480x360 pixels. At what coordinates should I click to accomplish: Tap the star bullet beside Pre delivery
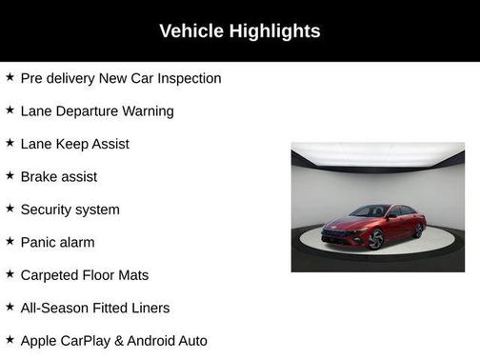point(10,77)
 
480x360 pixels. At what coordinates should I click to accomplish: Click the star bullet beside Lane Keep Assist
point(10,143)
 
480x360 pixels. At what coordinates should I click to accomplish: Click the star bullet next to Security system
point(10,209)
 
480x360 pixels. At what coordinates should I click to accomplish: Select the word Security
point(49,210)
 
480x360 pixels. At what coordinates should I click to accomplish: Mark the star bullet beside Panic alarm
point(10,242)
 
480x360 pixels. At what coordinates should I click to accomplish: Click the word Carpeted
point(51,275)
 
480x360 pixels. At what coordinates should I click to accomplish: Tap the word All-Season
point(55,308)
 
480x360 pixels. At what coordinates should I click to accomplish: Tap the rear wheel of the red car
point(418,229)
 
